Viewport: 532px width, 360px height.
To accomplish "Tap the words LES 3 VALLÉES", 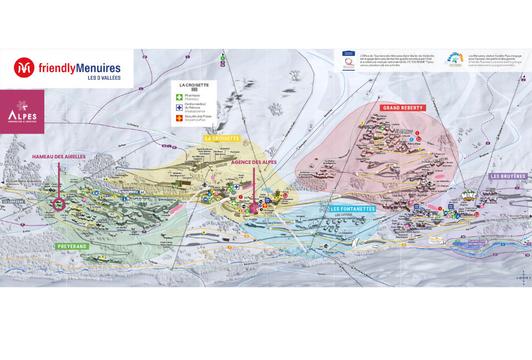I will click(x=104, y=78).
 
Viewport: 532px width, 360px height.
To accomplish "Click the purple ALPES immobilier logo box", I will click(x=22, y=111).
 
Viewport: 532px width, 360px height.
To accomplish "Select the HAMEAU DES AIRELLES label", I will click(x=58, y=157).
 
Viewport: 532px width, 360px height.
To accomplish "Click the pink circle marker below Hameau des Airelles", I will click(x=59, y=204).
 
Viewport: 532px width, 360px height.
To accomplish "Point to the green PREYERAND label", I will click(x=72, y=246).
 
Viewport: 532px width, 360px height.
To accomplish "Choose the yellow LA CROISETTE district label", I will click(x=222, y=138).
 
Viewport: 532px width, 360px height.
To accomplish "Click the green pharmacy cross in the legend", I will click(x=179, y=97).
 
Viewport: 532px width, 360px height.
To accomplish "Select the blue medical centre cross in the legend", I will click(x=179, y=107).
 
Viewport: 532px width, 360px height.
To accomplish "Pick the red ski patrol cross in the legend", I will click(x=179, y=117).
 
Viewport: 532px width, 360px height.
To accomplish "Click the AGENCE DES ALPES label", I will click(x=254, y=162).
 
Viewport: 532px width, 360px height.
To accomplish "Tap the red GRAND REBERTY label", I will click(x=402, y=107).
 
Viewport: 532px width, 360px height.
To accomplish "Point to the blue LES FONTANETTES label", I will click(x=353, y=209).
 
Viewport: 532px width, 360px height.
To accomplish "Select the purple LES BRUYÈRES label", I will click(x=508, y=176).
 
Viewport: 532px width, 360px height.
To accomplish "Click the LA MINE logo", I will click(x=469, y=197).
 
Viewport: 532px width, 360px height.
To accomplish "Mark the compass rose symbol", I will click(x=523, y=277).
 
